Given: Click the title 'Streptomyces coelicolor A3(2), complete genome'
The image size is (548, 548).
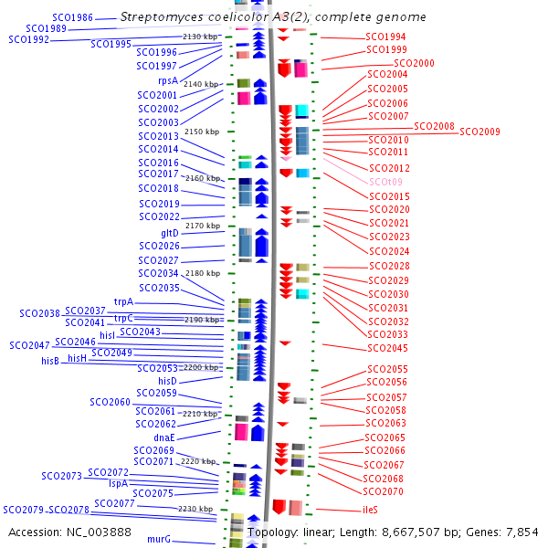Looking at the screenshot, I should click(x=273, y=17).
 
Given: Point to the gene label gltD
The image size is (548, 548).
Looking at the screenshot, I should click(x=170, y=233).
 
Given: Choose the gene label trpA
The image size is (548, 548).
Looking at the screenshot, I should click(x=123, y=301).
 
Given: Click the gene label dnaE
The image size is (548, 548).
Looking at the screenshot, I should click(x=164, y=437).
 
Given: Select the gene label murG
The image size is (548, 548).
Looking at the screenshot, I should click(x=159, y=540).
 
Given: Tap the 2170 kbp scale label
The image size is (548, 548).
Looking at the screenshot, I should click(x=202, y=226).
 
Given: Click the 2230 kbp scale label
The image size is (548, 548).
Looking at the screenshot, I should click(x=195, y=509).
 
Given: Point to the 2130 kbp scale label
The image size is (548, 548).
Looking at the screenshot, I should click(x=201, y=37).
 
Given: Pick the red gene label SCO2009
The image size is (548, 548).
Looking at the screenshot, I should click(x=479, y=132).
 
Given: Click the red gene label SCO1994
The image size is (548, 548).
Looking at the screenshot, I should click(x=386, y=37).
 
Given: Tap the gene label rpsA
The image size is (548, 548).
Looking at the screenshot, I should click(x=167, y=81).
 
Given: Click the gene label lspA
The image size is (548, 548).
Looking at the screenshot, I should click(x=118, y=483).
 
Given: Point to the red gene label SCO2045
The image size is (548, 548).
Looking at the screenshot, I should click(x=387, y=348).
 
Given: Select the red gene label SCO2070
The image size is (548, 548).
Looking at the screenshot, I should click(x=383, y=491).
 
